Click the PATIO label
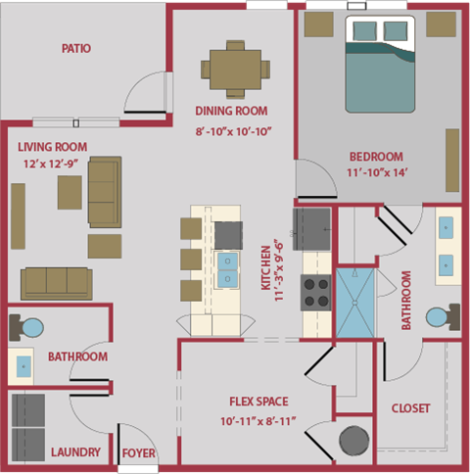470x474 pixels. (75, 48)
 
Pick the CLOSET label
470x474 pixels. (410, 408)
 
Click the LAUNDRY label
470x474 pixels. (75, 452)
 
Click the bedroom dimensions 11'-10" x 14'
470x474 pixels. (376, 172)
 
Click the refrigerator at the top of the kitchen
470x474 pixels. (313, 229)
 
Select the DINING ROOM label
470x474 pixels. (232, 112)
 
